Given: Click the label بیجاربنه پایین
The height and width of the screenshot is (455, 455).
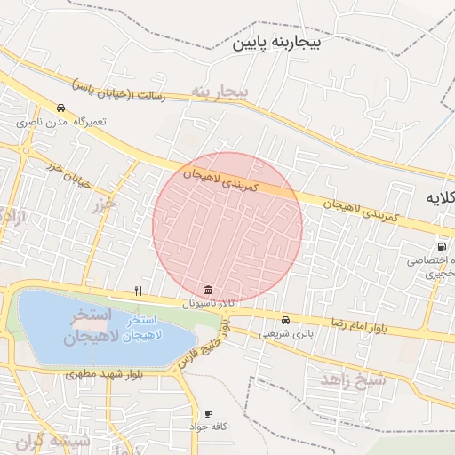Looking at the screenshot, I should tap(286, 43).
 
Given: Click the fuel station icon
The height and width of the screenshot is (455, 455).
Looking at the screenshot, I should tap(441, 247).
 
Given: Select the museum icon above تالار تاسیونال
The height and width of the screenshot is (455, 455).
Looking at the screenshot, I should tap(208, 291).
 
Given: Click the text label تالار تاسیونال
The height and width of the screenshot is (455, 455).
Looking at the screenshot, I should tap(208, 303).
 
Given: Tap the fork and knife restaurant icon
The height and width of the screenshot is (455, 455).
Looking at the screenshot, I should tap(138, 291).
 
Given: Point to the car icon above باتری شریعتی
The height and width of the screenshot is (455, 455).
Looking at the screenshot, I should tap(285, 321).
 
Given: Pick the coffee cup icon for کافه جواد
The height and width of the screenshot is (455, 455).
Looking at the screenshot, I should tap(209, 414).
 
